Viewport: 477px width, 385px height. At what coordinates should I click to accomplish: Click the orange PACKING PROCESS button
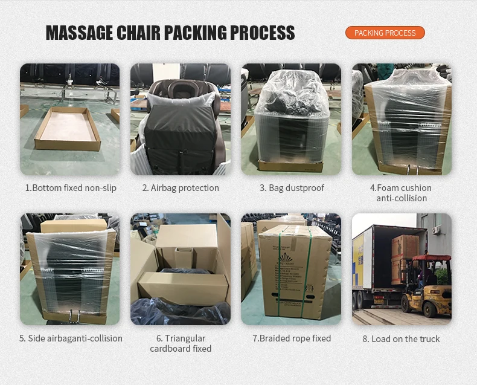(385, 33)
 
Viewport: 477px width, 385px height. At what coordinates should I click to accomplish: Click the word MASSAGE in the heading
(79, 33)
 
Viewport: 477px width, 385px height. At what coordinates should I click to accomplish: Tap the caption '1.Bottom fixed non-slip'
(71, 188)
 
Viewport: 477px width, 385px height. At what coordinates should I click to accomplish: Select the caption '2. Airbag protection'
(181, 188)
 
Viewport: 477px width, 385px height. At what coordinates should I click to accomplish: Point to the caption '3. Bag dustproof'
(292, 188)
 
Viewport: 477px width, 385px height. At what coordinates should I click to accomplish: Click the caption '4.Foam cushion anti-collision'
(402, 193)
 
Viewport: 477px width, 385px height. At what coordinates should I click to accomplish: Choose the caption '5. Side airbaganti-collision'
(71, 338)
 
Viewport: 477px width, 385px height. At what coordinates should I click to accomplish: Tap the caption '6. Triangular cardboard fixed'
(181, 343)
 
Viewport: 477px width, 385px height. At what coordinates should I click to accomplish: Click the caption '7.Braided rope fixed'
(292, 338)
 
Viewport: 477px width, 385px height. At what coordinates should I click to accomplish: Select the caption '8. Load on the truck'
(402, 339)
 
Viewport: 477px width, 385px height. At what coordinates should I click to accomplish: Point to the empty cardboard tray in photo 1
(67, 128)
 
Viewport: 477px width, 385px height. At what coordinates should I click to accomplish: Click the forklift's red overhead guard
(431, 259)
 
